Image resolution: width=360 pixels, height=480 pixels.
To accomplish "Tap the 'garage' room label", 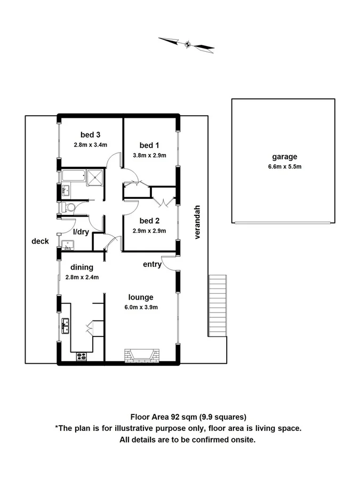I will pos(284,157).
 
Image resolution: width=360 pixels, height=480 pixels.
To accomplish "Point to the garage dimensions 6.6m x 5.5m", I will pos(284,166).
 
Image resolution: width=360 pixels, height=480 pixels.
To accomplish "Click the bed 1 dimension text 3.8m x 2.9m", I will pos(149,156).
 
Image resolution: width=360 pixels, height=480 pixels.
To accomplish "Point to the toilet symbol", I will pos(67,207).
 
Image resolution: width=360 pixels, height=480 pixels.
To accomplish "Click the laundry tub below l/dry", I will pos(67,245).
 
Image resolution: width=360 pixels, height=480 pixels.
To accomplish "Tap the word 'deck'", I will pos(40,241).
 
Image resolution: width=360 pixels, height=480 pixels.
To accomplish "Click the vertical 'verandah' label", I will pos(197,222).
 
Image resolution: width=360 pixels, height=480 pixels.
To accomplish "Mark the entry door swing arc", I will pos(168,262).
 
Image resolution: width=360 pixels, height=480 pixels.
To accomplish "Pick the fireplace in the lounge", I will pos(142,355).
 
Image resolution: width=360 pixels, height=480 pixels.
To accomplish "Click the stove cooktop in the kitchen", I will pos(82,356).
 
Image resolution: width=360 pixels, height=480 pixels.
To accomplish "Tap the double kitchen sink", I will pos(66,325).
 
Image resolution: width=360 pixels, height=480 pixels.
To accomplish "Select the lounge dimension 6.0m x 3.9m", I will pos(140,307).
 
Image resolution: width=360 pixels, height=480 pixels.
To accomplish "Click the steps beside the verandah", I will pos(217,306).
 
